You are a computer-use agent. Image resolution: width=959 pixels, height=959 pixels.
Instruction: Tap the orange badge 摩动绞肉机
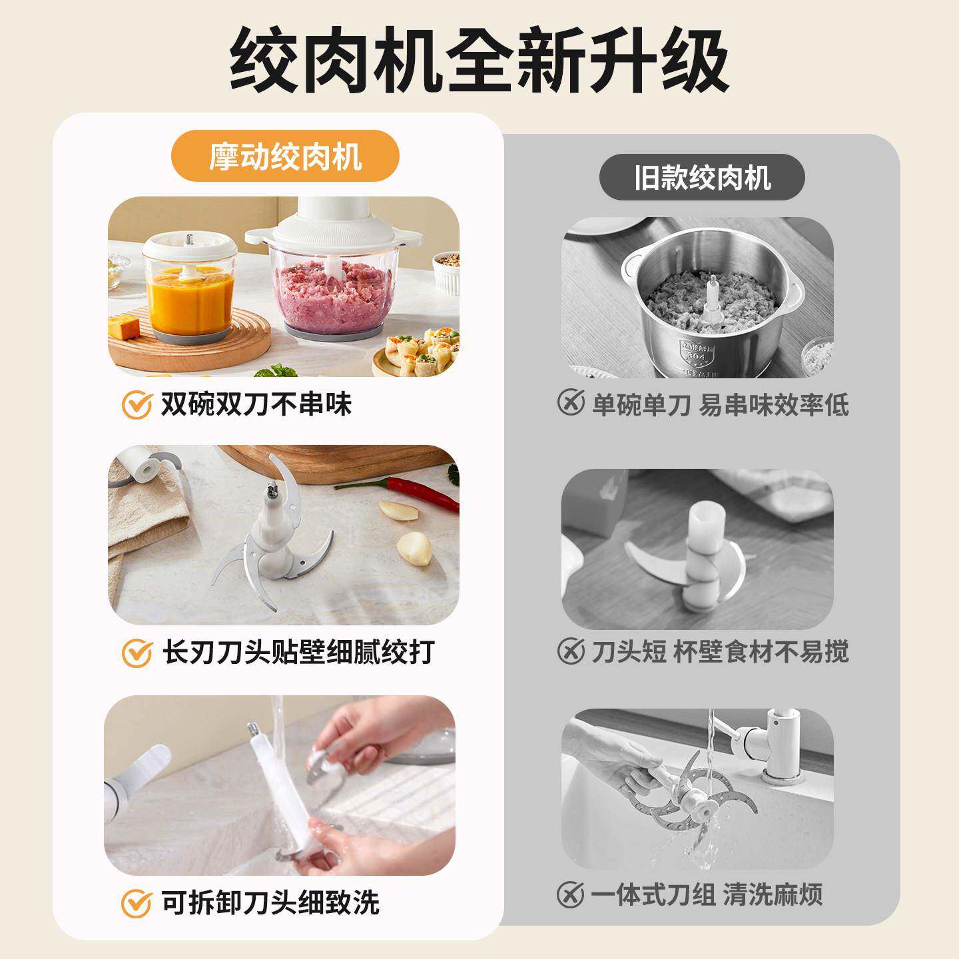point(285,157)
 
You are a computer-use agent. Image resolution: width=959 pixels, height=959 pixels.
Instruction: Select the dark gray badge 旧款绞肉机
point(702,178)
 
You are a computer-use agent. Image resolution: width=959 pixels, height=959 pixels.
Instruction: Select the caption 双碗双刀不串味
point(256,404)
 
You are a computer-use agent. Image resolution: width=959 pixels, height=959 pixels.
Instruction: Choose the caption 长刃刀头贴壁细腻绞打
point(298,652)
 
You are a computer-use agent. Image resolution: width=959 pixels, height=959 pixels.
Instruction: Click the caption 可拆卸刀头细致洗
point(270,902)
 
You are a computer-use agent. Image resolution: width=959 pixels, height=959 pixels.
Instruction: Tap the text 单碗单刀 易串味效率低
point(720,404)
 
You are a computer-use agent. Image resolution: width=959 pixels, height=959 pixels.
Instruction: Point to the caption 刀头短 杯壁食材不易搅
point(720,651)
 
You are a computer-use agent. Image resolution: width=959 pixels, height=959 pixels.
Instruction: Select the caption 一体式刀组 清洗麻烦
point(706,894)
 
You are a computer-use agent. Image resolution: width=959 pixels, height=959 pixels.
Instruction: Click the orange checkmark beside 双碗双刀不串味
point(137,405)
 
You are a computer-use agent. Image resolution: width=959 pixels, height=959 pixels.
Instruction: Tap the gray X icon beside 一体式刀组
point(571,894)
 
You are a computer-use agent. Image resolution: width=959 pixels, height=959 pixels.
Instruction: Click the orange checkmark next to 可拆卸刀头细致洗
point(137,903)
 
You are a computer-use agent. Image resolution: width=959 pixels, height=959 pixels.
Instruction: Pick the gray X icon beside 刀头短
point(571,651)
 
